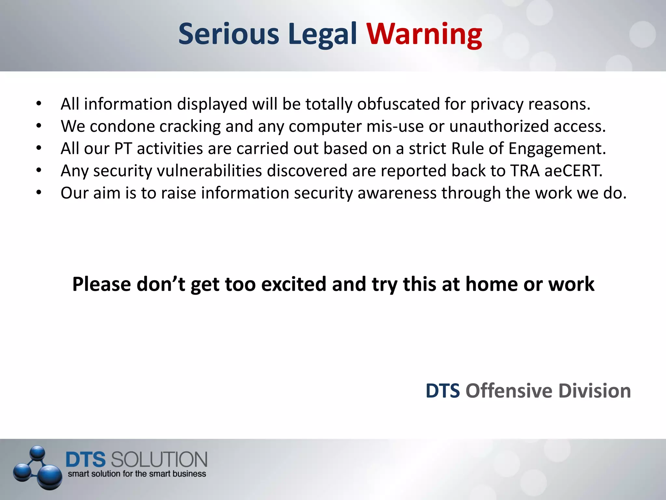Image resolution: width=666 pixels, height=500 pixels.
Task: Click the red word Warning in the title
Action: click(424, 35)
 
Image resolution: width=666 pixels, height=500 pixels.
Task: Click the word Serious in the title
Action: click(229, 35)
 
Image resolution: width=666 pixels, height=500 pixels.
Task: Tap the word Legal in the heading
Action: click(322, 35)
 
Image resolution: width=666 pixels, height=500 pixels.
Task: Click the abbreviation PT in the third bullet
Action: click(123, 148)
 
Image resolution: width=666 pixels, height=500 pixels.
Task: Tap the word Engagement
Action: click(557, 148)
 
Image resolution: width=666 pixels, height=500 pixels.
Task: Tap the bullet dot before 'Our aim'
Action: click(39, 193)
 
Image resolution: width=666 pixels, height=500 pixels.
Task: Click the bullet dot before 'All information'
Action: click(39, 104)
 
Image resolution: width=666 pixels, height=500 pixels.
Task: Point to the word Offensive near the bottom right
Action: click(509, 391)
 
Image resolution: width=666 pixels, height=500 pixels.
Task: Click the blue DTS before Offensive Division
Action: click(443, 391)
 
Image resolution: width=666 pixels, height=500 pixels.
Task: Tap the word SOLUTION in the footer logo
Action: click(159, 460)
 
